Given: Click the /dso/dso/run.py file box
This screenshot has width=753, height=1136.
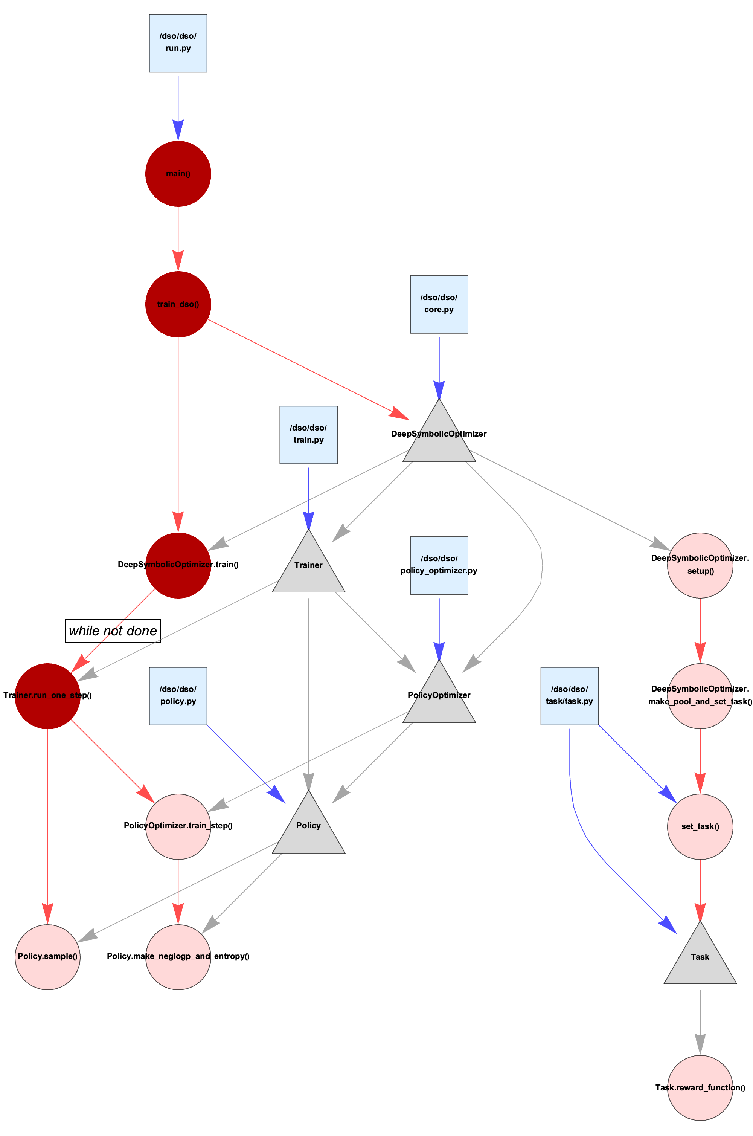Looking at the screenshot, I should (178, 43).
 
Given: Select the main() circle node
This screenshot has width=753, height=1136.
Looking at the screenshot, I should (178, 174).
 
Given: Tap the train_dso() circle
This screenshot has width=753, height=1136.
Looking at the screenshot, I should (178, 305).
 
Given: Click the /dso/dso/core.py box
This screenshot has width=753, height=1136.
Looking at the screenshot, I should (439, 305).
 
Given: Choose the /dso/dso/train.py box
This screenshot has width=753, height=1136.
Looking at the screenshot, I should (309, 435).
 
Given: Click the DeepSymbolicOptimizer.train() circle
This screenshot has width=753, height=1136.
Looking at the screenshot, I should (178, 565).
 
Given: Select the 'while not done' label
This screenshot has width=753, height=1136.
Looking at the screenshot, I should (113, 631).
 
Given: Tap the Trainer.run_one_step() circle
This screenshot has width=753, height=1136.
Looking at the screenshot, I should (47, 696).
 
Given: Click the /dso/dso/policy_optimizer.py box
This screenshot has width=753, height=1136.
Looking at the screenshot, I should (439, 565).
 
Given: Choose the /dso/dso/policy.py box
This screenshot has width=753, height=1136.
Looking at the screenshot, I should (178, 696).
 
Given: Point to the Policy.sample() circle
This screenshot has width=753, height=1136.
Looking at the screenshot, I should (47, 957).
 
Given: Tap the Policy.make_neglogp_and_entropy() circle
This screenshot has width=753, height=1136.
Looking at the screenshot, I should (178, 957).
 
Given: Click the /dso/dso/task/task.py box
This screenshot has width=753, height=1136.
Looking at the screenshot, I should (570, 696).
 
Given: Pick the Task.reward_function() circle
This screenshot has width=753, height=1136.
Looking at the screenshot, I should (700, 1087).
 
